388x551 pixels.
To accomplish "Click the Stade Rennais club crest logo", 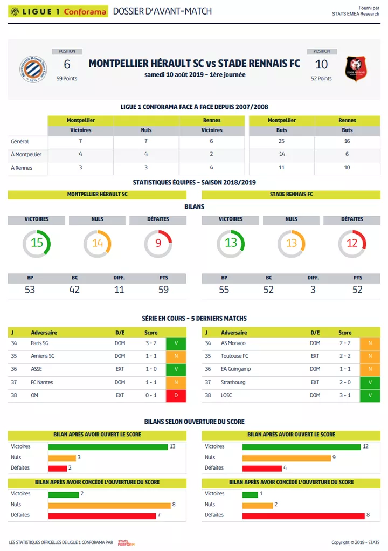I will tap(356, 69).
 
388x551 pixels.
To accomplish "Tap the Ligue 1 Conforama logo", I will tap(58, 11).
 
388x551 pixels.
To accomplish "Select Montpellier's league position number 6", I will tap(67, 65).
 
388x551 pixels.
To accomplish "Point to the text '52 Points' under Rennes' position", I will tap(321, 79).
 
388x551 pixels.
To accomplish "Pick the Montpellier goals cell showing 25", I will tap(281, 141).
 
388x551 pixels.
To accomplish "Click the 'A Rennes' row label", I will tap(22, 168).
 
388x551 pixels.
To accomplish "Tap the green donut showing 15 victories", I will tap(37, 243).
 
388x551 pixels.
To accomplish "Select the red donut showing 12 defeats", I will tap(352, 243).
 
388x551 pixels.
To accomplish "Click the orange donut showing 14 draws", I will tap(97, 243).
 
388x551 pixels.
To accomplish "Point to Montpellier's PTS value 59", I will tap(164, 290).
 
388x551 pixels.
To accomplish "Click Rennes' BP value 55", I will tap(224, 290).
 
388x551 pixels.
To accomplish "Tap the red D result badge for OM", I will tap(176, 396).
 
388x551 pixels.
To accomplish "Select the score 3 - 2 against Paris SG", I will tap(151, 343).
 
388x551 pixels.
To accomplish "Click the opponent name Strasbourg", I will tap(233, 382).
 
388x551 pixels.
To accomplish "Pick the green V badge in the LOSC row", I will tap(370, 396).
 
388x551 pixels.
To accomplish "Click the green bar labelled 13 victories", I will tap(108, 446).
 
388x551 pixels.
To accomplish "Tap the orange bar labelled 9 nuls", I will tap(286, 457).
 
